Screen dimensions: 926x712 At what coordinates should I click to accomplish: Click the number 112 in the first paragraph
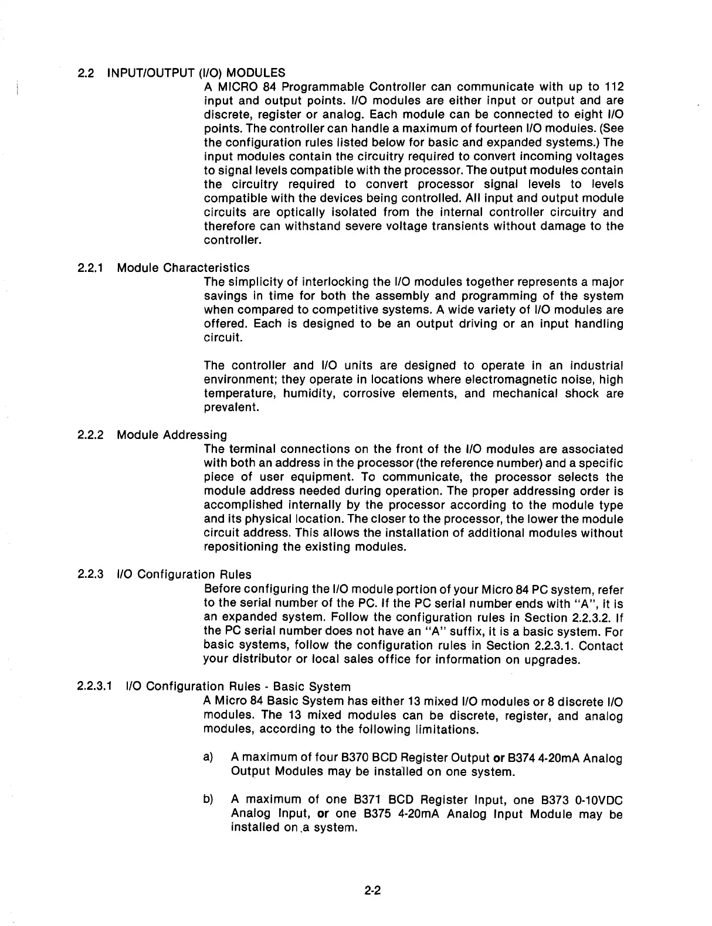(612, 87)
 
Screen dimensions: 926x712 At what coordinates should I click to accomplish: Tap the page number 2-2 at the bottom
(372, 891)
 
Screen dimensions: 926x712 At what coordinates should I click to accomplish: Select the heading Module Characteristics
(183, 268)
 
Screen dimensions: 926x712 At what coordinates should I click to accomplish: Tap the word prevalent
(231, 408)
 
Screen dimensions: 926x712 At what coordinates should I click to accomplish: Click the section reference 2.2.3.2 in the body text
(586, 618)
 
